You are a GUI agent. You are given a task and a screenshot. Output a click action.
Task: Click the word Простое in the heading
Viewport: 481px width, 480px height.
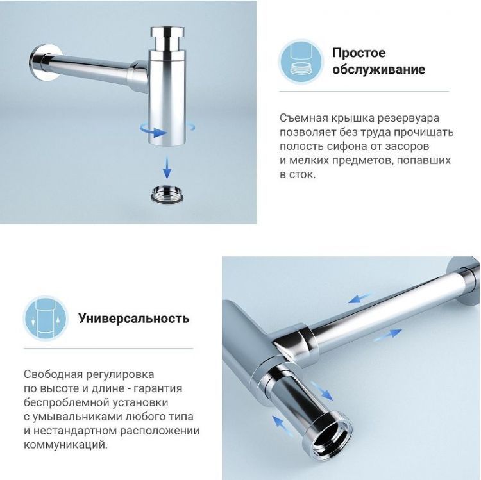pyautogui.click(x=359, y=53)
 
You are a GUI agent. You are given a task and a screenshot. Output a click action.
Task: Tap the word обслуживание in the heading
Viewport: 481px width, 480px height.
pyautogui.click(x=378, y=69)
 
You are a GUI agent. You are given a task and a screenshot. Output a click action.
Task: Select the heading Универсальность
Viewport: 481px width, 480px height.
pyautogui.click(x=133, y=318)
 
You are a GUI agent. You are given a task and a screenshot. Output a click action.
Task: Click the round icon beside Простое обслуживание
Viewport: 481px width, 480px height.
pyautogui.click(x=301, y=61)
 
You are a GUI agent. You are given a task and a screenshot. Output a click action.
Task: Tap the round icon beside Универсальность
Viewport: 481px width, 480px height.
pyautogui.click(x=46, y=318)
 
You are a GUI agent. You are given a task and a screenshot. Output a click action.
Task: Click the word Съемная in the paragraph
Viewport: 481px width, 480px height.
pyautogui.click(x=303, y=118)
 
